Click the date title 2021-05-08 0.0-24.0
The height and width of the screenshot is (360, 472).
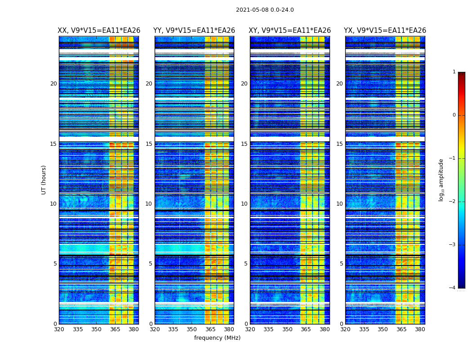click(265, 10)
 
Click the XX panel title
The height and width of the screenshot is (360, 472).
click(99, 31)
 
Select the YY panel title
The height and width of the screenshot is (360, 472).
click(194, 31)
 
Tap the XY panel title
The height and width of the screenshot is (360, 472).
click(290, 31)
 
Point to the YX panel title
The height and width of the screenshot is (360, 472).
click(385, 31)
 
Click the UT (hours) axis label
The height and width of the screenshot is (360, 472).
click(44, 180)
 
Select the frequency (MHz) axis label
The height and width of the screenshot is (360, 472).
click(217, 338)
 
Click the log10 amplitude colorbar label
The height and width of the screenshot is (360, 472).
click(441, 180)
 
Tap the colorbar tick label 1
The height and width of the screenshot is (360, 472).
click(454, 72)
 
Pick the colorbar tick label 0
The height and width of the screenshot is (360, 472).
click(454, 115)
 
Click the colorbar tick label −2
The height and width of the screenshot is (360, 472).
click(453, 202)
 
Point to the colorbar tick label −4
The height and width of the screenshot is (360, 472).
click(453, 288)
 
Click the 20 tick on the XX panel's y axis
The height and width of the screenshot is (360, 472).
click(53, 84)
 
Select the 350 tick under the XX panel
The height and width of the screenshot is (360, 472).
click(96, 329)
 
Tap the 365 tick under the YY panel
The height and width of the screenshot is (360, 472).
click(210, 329)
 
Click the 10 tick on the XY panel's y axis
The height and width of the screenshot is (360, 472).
click(244, 204)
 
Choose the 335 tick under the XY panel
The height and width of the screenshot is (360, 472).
click(268, 329)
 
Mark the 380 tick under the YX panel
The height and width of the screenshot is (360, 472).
click(420, 329)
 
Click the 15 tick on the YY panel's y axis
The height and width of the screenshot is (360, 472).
click(149, 144)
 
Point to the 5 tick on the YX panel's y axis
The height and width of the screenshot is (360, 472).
click(341, 264)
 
